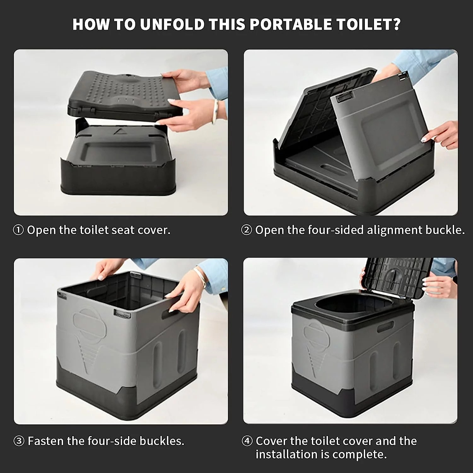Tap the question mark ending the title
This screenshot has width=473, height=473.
point(396,25)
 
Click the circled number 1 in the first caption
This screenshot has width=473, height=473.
point(18,230)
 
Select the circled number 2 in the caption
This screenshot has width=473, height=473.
point(247,230)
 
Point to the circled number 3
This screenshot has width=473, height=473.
point(19,441)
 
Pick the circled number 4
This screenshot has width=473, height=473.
point(247,441)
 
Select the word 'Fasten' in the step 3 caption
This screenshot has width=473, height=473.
point(46,441)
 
